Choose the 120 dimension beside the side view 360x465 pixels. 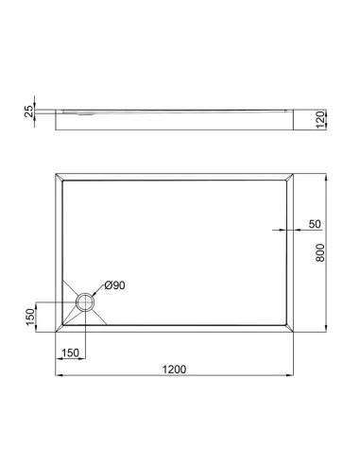[320, 119]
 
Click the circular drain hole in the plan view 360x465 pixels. [85, 302]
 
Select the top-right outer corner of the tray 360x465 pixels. [298, 173]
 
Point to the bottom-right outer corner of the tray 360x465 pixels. [298, 334]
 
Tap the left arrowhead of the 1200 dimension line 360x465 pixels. [57, 376]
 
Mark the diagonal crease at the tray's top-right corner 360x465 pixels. [292, 178]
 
